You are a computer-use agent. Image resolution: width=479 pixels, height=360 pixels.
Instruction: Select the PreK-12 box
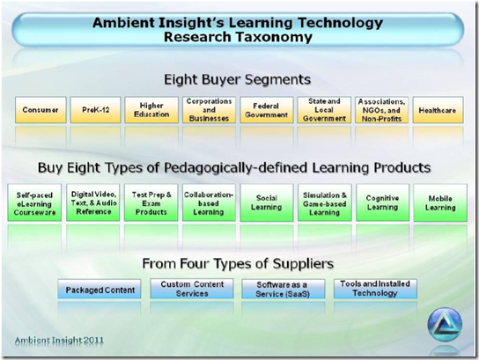coord(94,111)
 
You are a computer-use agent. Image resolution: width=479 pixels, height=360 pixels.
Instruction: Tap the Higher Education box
coord(151,111)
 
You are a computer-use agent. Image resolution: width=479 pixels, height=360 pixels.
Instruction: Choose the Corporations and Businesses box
coord(209,111)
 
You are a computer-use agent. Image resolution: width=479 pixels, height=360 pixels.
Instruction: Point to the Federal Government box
coord(267,111)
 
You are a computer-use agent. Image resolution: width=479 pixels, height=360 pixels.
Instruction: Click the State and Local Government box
coord(324,111)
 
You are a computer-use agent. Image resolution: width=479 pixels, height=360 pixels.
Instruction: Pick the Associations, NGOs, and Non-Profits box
coord(381,111)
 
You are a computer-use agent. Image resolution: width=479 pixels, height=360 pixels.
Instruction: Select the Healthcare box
coord(438,111)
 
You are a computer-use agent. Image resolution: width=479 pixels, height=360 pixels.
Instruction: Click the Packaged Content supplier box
coord(100,289)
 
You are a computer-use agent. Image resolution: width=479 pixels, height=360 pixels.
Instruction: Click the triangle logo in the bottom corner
coord(445,325)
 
